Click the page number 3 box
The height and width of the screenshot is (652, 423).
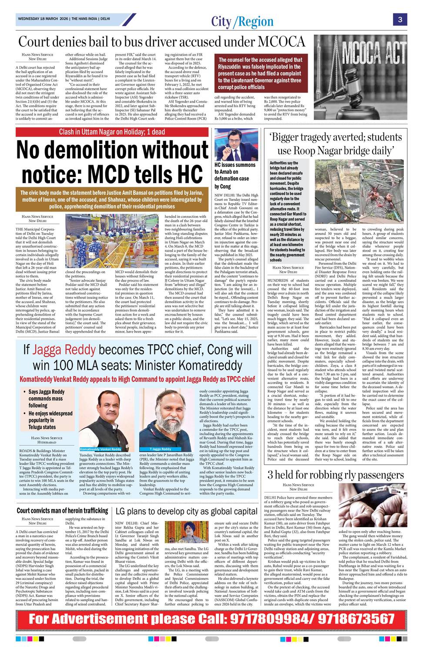click(x=399, y=19)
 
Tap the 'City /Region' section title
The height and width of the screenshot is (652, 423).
click(x=242, y=21)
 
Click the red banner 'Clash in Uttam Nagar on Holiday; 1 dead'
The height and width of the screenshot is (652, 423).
click(x=112, y=132)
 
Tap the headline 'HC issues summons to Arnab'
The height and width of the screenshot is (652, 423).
click(x=235, y=175)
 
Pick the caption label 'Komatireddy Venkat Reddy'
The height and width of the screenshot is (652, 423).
click(x=101, y=449)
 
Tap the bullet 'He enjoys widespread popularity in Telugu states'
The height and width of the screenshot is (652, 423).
click(x=50, y=420)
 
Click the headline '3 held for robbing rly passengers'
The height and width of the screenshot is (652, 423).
click(x=336, y=475)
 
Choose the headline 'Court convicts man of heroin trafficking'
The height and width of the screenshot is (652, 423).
click(x=62, y=511)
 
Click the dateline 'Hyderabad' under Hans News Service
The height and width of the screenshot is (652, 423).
click(x=47, y=442)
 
